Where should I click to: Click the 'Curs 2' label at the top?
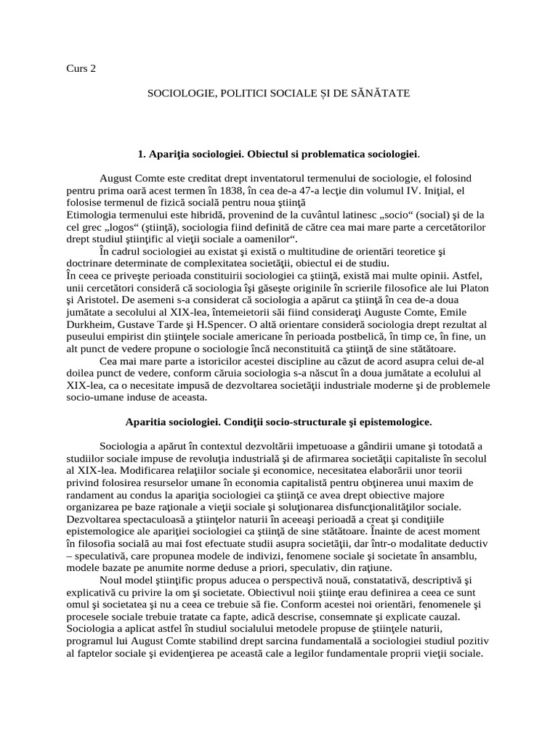pyautogui.click(x=80, y=70)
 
